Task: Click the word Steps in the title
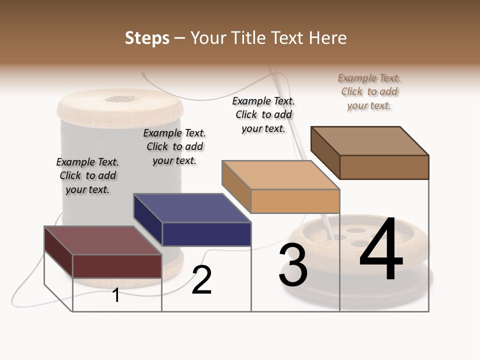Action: (x=147, y=38)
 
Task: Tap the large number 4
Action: (x=381, y=249)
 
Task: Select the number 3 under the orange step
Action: (x=293, y=265)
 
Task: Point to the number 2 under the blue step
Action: (x=201, y=280)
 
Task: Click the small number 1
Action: (x=116, y=295)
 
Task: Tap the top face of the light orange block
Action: (x=280, y=175)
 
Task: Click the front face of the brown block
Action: (x=384, y=167)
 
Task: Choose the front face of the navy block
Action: (x=206, y=234)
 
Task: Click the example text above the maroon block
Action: (x=87, y=176)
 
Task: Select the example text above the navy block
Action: (x=174, y=147)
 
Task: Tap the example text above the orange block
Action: (x=263, y=114)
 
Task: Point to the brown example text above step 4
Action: (x=369, y=92)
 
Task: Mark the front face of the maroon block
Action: (x=117, y=266)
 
